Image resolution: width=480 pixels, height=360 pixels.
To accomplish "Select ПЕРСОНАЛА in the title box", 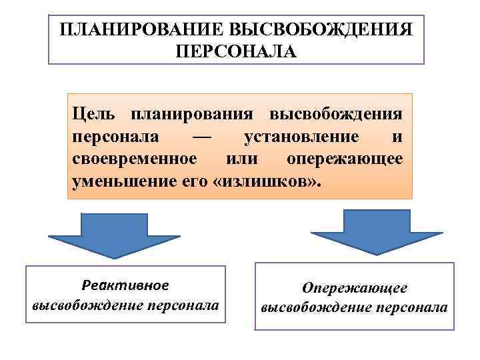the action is [236, 51].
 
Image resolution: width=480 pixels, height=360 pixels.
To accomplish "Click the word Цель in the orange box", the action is [93, 114].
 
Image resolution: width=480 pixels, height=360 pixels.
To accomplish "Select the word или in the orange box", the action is [241, 159].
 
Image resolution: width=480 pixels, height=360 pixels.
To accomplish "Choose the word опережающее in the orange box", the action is [344, 159].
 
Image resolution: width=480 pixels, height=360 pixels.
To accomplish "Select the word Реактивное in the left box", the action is [125, 285].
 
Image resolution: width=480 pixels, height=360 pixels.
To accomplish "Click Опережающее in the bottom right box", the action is [354, 287].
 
